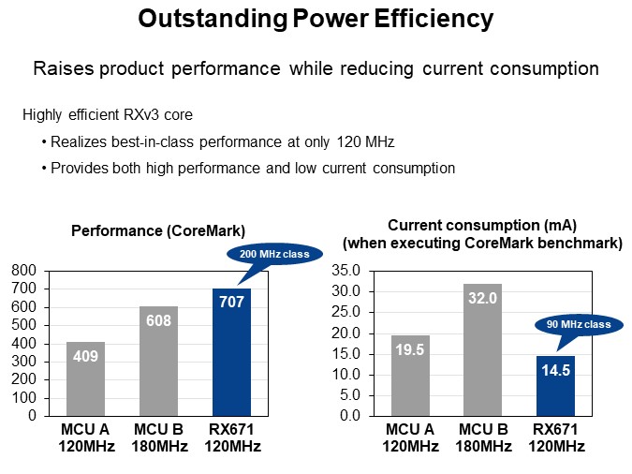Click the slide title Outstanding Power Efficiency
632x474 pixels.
316,18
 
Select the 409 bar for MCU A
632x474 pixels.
86,378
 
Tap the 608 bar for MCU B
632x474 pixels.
158,361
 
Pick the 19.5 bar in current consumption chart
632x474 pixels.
410,376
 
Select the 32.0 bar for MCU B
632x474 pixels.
482,349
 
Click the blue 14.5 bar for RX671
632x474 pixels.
554,385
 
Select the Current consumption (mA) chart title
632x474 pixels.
482,226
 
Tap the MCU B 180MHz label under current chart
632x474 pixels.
482,438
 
